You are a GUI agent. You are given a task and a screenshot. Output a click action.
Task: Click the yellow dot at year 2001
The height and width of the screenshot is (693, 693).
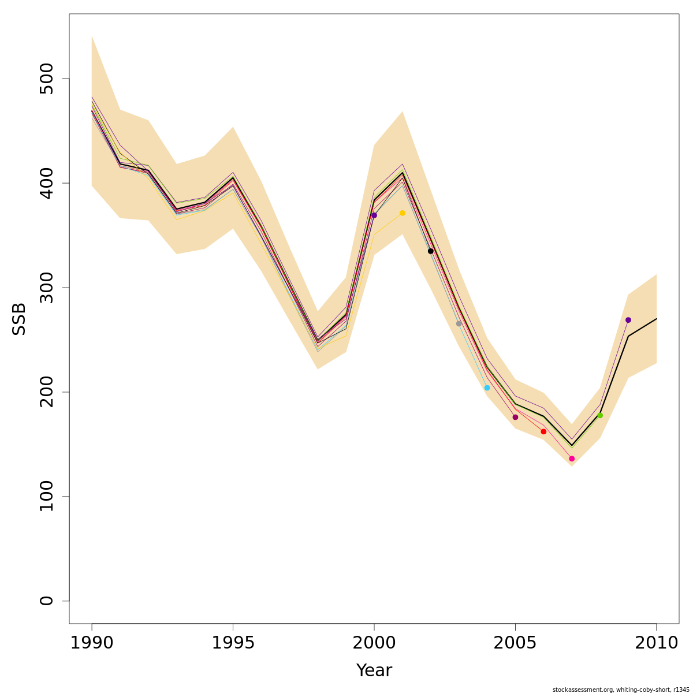403,213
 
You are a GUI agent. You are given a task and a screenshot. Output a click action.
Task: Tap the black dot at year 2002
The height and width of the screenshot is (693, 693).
431,251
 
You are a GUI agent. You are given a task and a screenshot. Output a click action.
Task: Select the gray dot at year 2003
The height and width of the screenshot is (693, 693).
459,324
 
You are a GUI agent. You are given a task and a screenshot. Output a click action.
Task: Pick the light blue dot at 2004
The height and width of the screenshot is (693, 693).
487,388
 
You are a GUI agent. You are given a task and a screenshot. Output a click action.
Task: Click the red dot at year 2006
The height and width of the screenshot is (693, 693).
543,432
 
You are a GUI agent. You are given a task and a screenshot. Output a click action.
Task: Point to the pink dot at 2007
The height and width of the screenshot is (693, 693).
572,459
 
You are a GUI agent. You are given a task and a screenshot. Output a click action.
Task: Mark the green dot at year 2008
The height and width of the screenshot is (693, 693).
600,415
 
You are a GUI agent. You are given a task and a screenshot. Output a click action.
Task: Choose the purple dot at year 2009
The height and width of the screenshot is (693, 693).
628,320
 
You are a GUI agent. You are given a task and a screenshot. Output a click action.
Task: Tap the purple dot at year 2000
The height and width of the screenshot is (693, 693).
374,215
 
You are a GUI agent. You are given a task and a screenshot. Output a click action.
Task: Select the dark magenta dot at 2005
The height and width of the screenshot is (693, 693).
516,418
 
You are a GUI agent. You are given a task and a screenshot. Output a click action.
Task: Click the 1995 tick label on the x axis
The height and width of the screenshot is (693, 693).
233,643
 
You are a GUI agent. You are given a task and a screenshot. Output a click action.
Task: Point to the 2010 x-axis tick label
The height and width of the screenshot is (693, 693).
657,643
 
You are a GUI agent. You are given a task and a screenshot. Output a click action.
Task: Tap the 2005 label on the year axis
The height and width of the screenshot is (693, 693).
515,643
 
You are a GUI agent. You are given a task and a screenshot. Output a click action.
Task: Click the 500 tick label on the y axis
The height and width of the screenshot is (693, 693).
47,79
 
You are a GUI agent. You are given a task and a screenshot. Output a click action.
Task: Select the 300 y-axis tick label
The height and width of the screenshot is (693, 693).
47,288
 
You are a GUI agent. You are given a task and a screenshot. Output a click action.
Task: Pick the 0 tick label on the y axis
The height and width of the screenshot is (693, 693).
47,601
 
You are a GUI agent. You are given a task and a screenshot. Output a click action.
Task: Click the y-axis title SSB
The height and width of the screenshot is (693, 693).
20,319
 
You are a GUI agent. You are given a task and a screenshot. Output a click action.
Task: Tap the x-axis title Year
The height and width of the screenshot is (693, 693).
374,671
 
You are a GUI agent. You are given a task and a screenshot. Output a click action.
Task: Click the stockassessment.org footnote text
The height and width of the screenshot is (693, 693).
621,690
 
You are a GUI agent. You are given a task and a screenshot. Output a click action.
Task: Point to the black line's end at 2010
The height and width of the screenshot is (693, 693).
657,319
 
